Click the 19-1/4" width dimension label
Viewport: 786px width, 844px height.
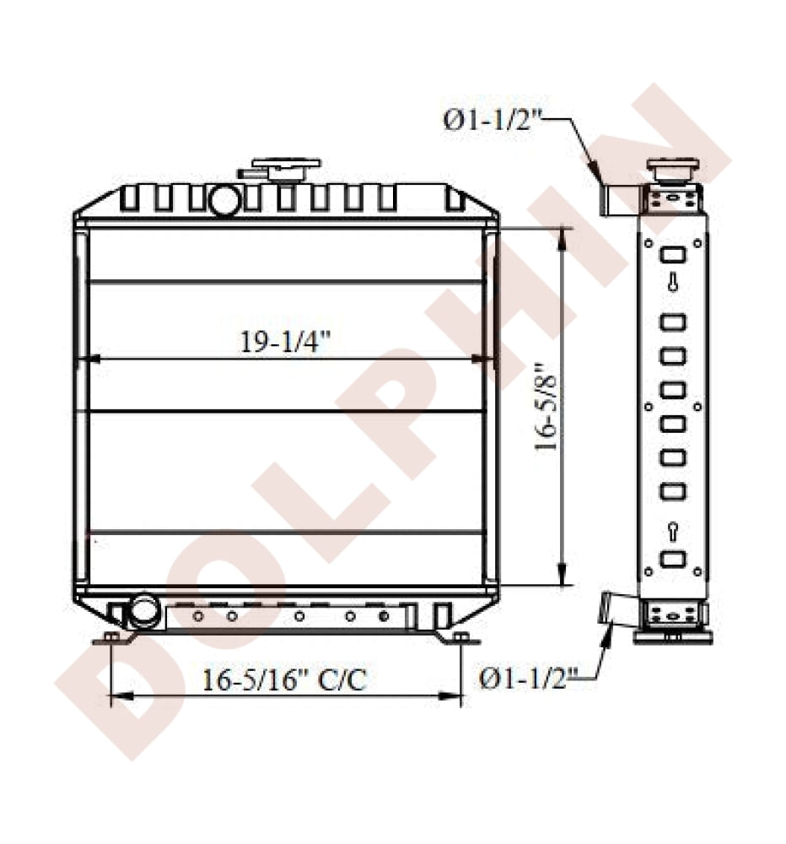pos(285,342)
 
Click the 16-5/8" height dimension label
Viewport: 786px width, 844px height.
pos(547,408)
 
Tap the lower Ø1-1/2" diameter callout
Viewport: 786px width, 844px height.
pos(529,676)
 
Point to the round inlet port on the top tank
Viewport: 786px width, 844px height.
pos(224,201)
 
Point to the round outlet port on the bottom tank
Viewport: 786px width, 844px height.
pos(144,609)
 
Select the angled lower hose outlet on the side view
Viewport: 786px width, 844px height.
pos(612,609)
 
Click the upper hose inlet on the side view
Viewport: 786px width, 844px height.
pos(614,197)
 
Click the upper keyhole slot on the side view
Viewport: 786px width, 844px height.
pos(672,284)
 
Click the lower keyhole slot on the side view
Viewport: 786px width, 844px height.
pos(672,530)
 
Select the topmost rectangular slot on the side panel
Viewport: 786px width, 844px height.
pos(672,255)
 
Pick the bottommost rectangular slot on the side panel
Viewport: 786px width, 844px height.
pos(672,558)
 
